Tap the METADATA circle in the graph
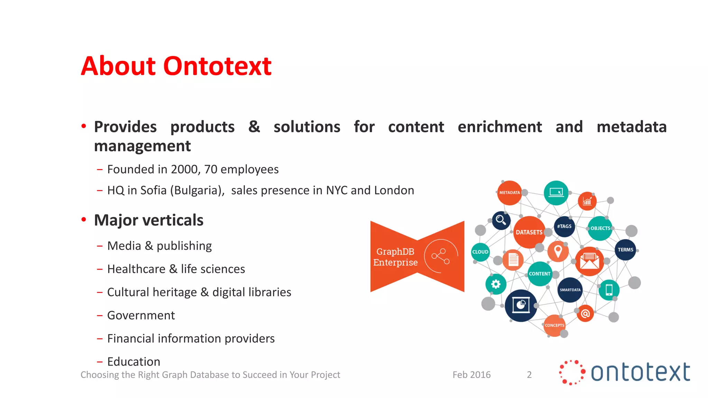coord(509,193)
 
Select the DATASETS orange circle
coord(529,232)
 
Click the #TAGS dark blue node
coord(564,227)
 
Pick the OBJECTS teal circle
coord(600,228)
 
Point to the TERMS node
coord(625,250)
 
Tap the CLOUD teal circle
coord(480,252)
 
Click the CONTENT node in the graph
coord(539,274)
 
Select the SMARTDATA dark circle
coord(570,290)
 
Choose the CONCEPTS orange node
coord(554,325)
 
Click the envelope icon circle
coord(589,261)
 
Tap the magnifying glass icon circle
coord(501,220)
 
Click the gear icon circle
coord(496,284)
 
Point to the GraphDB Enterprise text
coord(395,257)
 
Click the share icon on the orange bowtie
coord(440,256)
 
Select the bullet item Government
coord(141,315)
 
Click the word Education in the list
coord(133,362)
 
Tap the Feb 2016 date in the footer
coord(471,375)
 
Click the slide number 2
coord(529,375)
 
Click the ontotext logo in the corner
coord(624,372)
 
